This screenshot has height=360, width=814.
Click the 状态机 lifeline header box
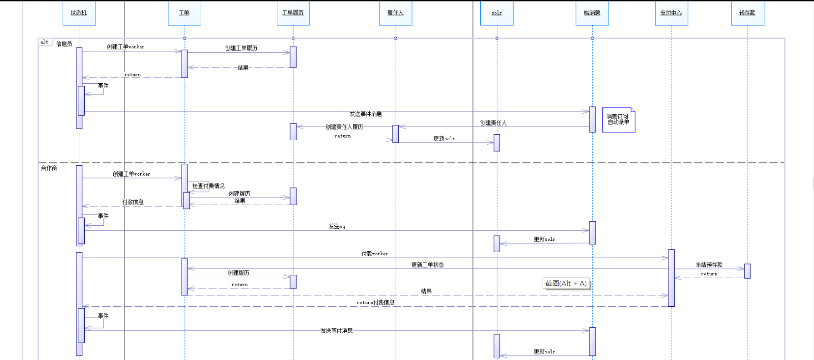[x=79, y=13]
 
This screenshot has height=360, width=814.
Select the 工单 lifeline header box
[x=184, y=13]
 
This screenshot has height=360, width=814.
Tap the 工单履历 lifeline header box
[x=293, y=13]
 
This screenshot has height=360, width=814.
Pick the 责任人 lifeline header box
[x=395, y=13]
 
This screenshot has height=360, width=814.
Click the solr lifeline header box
[x=497, y=13]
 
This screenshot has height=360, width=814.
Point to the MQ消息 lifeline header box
[x=592, y=13]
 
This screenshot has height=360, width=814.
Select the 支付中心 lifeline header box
[x=671, y=13]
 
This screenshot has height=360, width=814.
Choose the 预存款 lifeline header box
[x=747, y=13]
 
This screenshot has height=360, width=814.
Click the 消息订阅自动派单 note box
[x=618, y=120]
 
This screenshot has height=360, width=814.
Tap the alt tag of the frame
[x=45, y=42]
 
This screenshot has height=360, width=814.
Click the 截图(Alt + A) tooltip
[x=566, y=284]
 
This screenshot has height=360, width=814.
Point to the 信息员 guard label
[x=64, y=44]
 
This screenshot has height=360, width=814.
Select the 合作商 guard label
[x=49, y=168]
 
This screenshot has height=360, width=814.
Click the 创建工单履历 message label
[x=241, y=48]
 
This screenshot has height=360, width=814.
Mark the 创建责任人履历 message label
[x=344, y=127]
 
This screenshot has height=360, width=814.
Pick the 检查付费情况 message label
[x=209, y=186]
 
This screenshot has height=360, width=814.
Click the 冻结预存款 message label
[x=709, y=265]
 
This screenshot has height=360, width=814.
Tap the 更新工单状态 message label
[x=427, y=265]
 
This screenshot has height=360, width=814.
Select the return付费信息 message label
[x=376, y=302]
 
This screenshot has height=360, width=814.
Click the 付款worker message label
[x=375, y=254]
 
